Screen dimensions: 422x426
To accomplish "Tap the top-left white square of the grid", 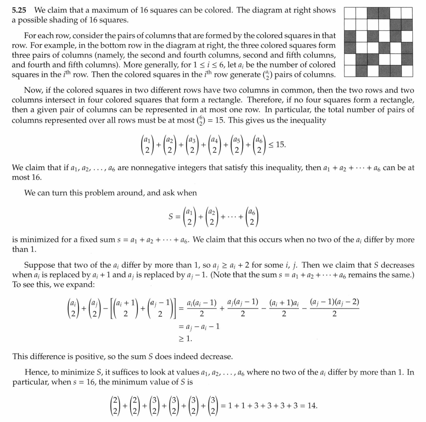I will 350,13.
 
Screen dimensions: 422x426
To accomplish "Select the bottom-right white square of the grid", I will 407,70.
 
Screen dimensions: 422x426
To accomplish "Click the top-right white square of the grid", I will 407,13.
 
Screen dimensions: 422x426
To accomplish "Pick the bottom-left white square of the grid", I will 350,70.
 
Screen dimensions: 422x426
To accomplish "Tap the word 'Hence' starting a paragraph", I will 35,373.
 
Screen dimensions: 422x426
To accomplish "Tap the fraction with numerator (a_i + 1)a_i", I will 284,308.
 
